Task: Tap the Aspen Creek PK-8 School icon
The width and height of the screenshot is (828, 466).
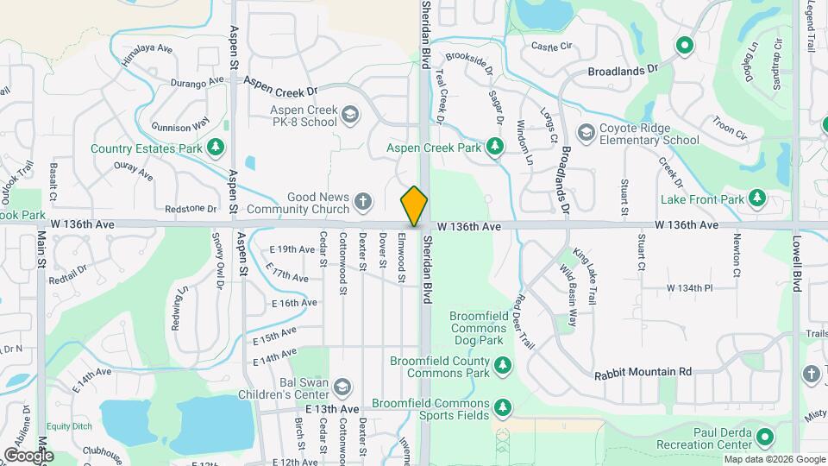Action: pyautogui.click(x=349, y=114)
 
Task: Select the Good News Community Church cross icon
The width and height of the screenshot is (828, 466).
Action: pyautogui.click(x=363, y=203)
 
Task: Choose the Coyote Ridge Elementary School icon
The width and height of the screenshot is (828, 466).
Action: pyautogui.click(x=586, y=132)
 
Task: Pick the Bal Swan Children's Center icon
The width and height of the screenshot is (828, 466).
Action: pyautogui.click(x=342, y=386)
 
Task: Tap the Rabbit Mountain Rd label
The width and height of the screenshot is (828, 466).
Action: pyautogui.click(x=643, y=372)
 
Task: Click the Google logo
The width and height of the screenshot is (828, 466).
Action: pyautogui.click(x=28, y=455)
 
